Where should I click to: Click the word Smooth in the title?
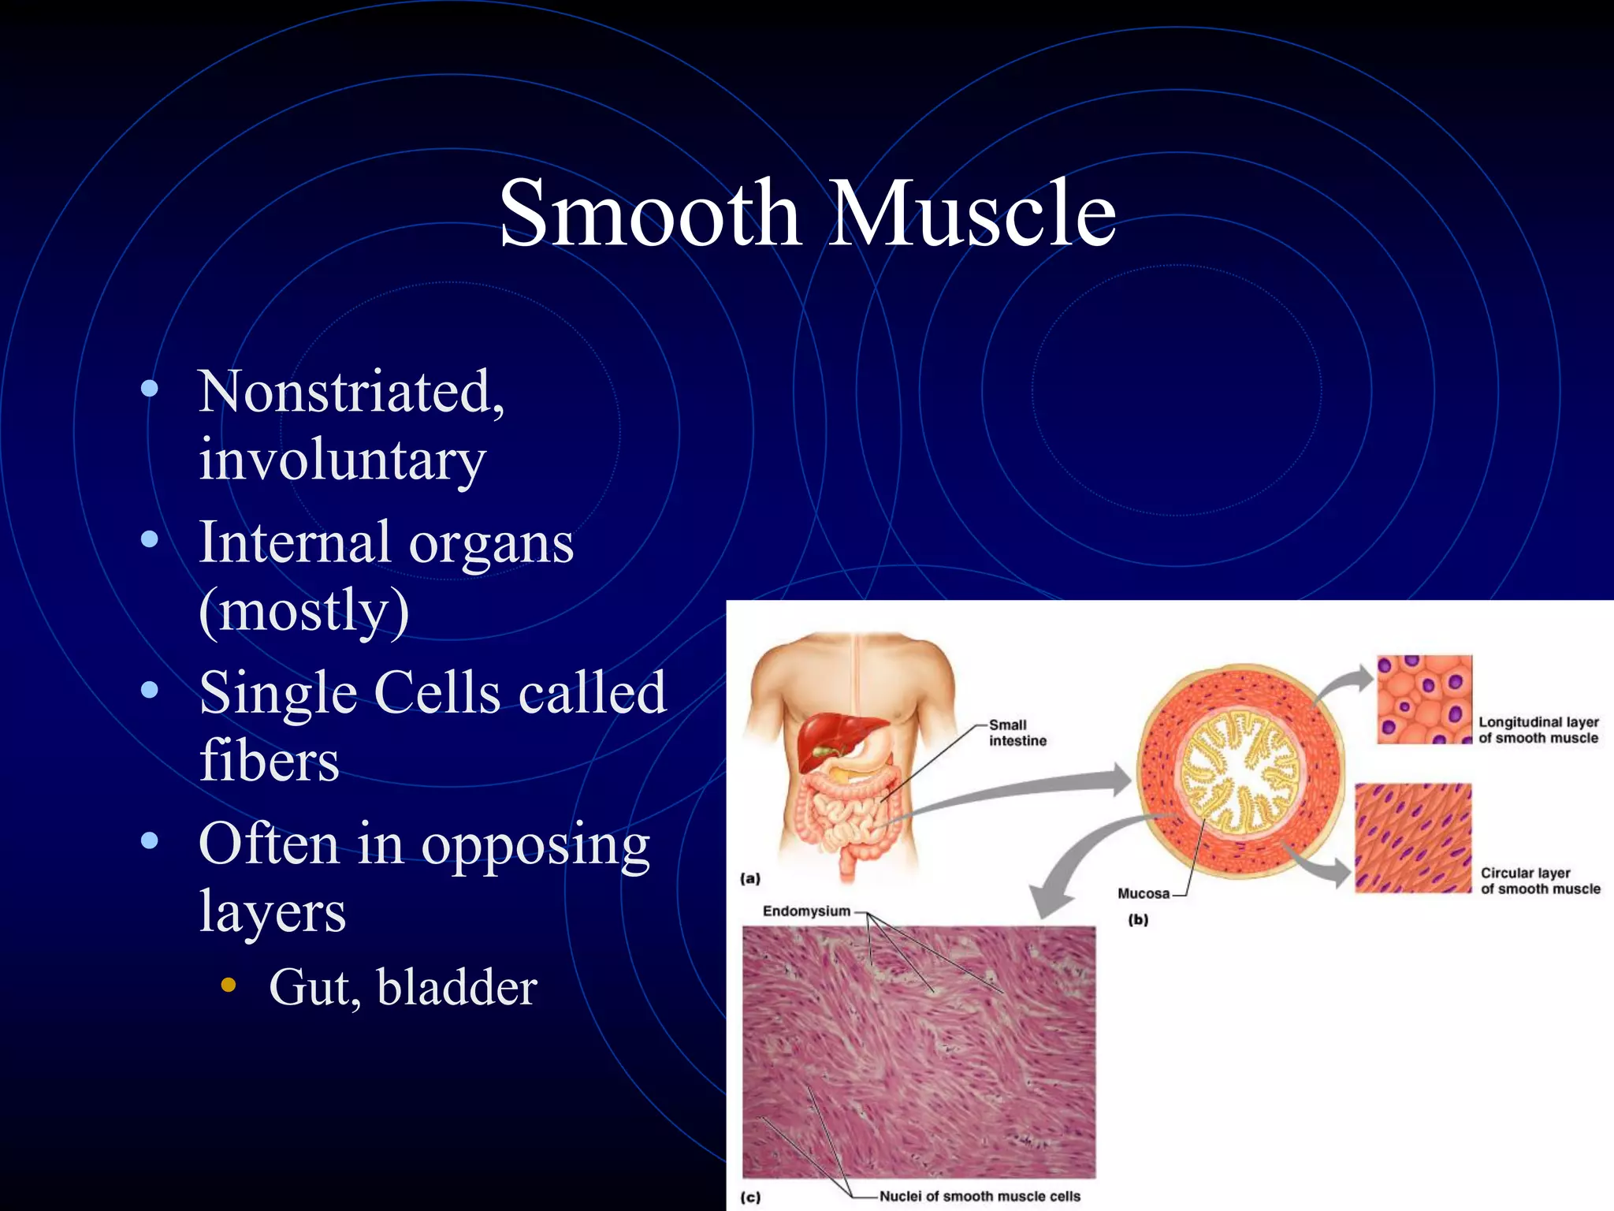point(650,213)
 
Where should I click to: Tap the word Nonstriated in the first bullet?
point(347,391)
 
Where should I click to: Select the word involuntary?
point(341,460)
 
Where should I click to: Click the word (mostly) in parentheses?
point(303,610)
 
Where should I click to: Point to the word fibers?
point(269,760)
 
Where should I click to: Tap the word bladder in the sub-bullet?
point(456,987)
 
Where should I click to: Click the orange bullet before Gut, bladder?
point(229,984)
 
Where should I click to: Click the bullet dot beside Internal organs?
point(149,540)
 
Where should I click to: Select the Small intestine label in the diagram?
point(1017,732)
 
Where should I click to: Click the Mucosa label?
point(1143,893)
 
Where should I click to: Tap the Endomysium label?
point(805,911)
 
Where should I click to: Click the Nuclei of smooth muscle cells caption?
point(979,1196)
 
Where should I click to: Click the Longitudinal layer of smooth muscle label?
point(1538,730)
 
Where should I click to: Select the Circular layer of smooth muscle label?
point(1539,881)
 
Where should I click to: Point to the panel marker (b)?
point(1138,919)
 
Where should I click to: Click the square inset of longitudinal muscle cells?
point(1424,699)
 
